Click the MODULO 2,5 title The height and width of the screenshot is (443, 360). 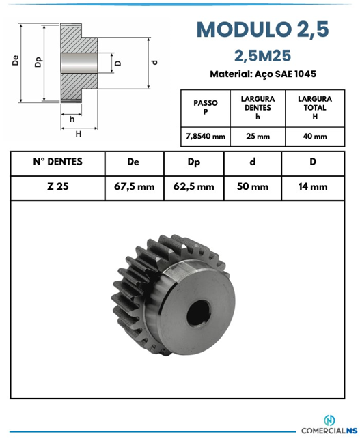coord(263,29)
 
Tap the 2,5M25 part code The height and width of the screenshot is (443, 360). coord(262,56)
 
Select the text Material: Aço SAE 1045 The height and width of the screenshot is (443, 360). coord(263,74)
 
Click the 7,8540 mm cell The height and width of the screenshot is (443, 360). coord(206,137)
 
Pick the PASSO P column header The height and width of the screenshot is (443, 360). coord(206,107)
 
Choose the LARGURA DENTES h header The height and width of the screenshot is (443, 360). coord(258,107)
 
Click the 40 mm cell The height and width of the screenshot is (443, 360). coord(315,137)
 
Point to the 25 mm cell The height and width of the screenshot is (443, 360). coord(258,137)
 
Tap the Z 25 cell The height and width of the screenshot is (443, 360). coord(57,186)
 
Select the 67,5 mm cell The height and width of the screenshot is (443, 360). coord(135,186)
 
